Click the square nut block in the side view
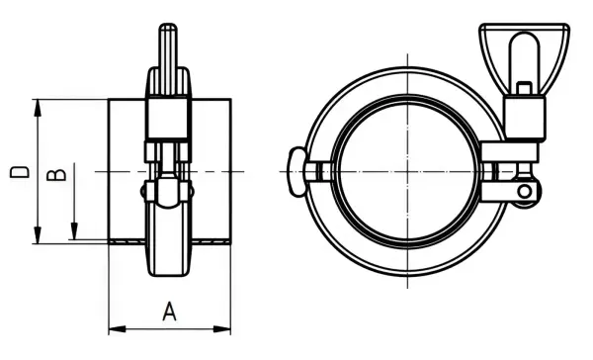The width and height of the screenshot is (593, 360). (168, 120)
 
